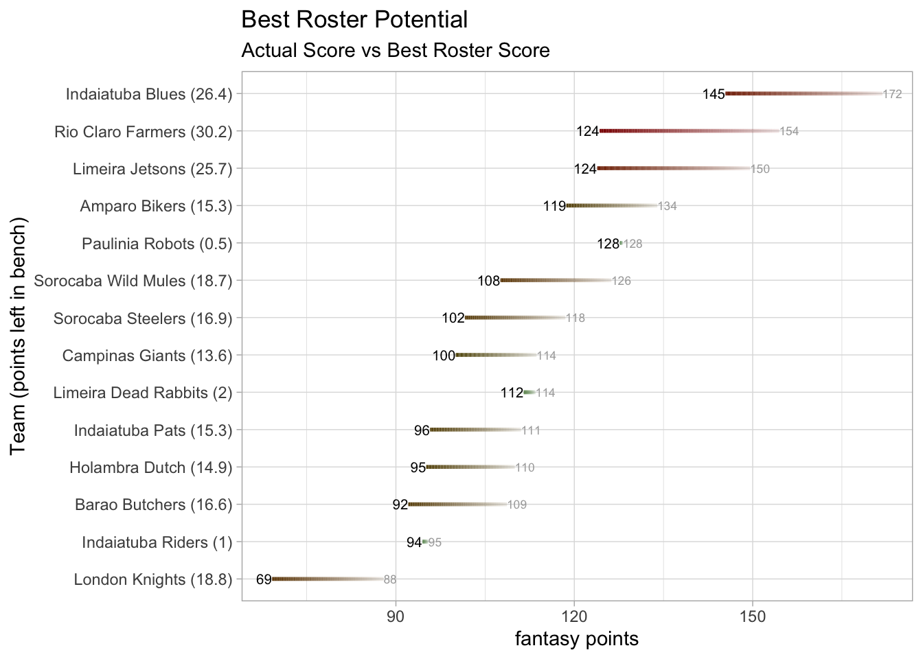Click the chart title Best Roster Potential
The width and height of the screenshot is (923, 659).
pos(354,20)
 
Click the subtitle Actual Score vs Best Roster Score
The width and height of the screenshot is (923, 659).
pos(396,51)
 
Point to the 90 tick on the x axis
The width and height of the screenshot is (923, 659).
pos(396,616)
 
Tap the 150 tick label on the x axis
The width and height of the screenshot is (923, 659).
pos(753,616)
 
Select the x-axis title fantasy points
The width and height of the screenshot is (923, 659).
pos(577,639)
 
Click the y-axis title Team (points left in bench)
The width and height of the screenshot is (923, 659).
pos(19,336)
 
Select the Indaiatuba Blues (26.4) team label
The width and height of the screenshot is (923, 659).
pos(149,94)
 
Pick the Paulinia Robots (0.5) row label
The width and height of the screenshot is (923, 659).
pos(157,244)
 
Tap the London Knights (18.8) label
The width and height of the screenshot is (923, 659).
pos(153,580)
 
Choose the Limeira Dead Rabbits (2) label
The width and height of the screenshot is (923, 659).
pos(143,393)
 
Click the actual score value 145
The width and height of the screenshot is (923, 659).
pos(714,94)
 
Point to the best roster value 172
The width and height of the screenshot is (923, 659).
pos(892,94)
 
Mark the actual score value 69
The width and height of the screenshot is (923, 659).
pos(264,580)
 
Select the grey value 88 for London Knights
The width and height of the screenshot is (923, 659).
pos(390,580)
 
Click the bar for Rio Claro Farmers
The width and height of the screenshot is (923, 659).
pos(690,131)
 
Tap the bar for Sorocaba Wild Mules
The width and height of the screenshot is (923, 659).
pos(556,281)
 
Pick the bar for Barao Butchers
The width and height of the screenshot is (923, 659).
pos(457,505)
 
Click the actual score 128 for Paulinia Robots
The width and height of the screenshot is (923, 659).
pos(608,244)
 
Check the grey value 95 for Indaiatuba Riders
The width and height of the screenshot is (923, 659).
pos(435,542)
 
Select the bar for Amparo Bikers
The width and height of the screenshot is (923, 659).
pos(611,206)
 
